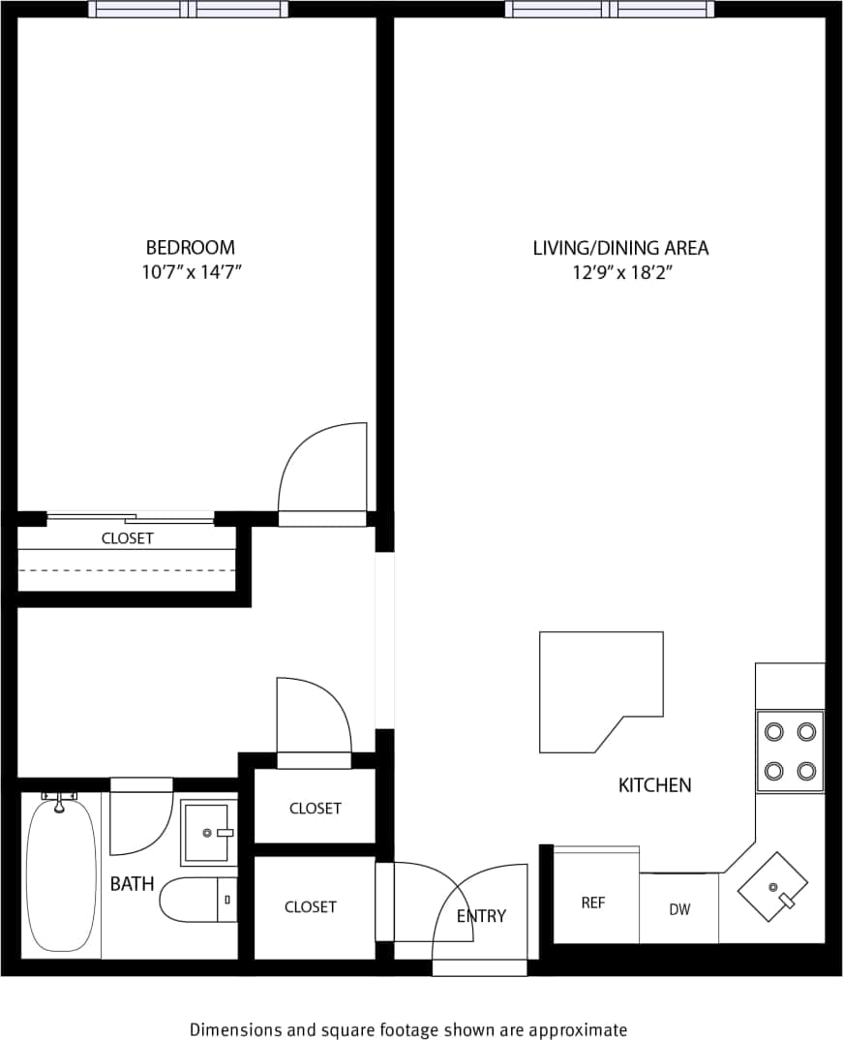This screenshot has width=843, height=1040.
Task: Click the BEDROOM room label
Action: point(190,248)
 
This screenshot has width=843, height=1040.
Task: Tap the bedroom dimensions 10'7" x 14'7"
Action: point(190,273)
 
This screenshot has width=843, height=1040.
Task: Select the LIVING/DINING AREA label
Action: point(620,248)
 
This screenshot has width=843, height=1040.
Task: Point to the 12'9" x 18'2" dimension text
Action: point(621,273)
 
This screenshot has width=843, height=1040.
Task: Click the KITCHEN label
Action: point(654,785)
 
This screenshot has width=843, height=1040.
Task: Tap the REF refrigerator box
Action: point(593,901)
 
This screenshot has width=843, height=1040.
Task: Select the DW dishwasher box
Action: point(679,909)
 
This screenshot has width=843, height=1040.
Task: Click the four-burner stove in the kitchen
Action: point(790,750)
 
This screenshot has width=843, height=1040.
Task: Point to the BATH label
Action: point(132,884)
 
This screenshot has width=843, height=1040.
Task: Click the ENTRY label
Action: point(481,916)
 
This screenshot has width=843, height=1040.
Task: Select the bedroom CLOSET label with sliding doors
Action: point(128,538)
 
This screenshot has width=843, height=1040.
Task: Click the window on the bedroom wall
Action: point(188,10)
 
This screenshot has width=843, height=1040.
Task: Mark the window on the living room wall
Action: point(610,10)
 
